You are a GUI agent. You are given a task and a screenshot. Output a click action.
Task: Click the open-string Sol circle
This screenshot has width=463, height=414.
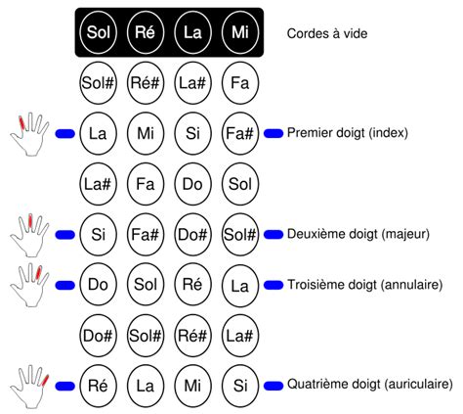tap(98, 32)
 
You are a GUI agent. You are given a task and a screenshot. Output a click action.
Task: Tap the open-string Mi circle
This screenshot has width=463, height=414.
tap(240, 32)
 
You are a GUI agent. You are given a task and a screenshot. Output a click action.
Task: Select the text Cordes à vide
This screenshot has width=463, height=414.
tap(327, 33)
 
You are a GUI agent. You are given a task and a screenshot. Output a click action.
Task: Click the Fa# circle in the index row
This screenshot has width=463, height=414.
tap(240, 133)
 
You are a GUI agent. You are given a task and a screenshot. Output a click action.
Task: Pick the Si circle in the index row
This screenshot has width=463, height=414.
tap(192, 133)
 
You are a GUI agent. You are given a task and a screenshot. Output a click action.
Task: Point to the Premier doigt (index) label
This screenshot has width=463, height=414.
tap(348, 133)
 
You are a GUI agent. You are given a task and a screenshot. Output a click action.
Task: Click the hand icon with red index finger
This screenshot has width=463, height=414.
tap(29, 134)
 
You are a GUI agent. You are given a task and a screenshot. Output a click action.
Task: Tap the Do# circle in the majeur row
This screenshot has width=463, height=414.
tap(192, 235)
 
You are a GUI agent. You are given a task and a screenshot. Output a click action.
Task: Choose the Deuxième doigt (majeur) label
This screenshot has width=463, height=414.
tap(358, 234)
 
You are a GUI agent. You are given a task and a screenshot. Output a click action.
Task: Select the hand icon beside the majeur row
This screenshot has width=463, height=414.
tap(29, 235)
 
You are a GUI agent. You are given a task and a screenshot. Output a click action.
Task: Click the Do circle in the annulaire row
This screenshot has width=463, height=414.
tap(98, 285)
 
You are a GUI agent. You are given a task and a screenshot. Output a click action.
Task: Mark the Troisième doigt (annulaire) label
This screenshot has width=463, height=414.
tap(364, 285)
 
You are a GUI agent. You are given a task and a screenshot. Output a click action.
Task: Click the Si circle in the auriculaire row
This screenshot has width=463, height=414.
tap(240, 387)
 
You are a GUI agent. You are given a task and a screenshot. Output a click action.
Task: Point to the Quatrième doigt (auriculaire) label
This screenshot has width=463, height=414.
tap(369, 385)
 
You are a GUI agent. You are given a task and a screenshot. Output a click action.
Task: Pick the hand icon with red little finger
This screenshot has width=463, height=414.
tap(29, 387)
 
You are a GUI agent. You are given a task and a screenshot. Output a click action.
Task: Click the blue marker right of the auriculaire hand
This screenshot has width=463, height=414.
tap(65, 387)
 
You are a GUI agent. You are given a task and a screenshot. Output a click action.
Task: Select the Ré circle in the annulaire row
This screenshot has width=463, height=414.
tap(192, 285)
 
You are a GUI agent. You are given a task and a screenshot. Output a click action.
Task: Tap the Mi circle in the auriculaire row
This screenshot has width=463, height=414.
tap(192, 387)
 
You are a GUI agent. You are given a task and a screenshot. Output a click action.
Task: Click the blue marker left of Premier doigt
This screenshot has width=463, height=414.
tap(274, 133)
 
